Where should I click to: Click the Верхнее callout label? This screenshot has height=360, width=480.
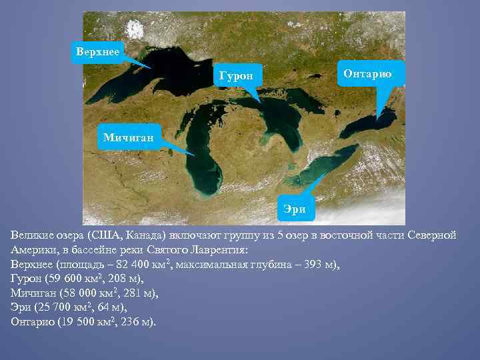pos(98,51)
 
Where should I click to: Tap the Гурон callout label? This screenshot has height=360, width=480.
pos(236,76)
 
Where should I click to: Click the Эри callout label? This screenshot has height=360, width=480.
pos(294,209)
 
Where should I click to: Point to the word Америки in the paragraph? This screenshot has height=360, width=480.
pos(34,251)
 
